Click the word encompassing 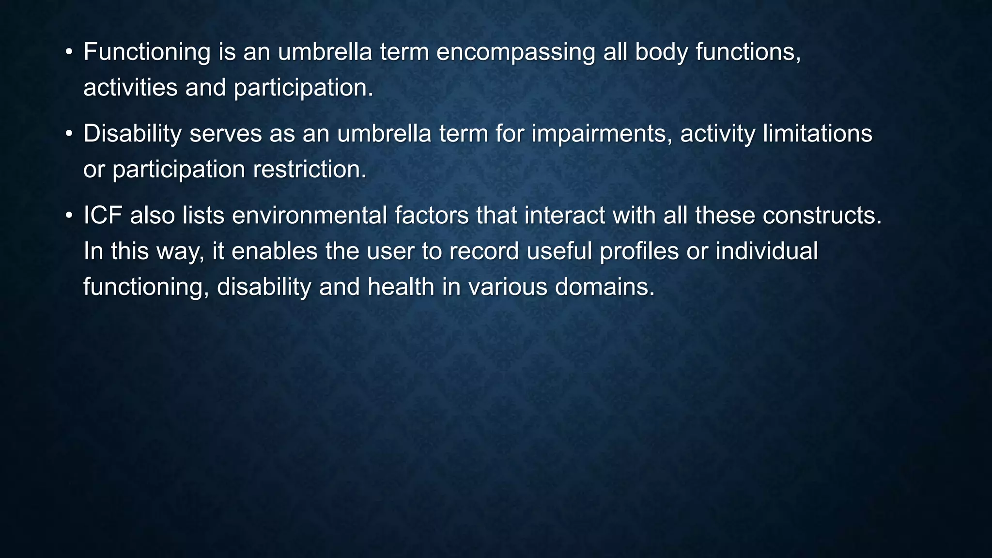pyautogui.click(x=515, y=52)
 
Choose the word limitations pyautogui.click(x=817, y=134)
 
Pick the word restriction pyautogui.click(x=310, y=170)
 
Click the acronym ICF pyautogui.click(x=102, y=216)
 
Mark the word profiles pyautogui.click(x=639, y=251)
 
